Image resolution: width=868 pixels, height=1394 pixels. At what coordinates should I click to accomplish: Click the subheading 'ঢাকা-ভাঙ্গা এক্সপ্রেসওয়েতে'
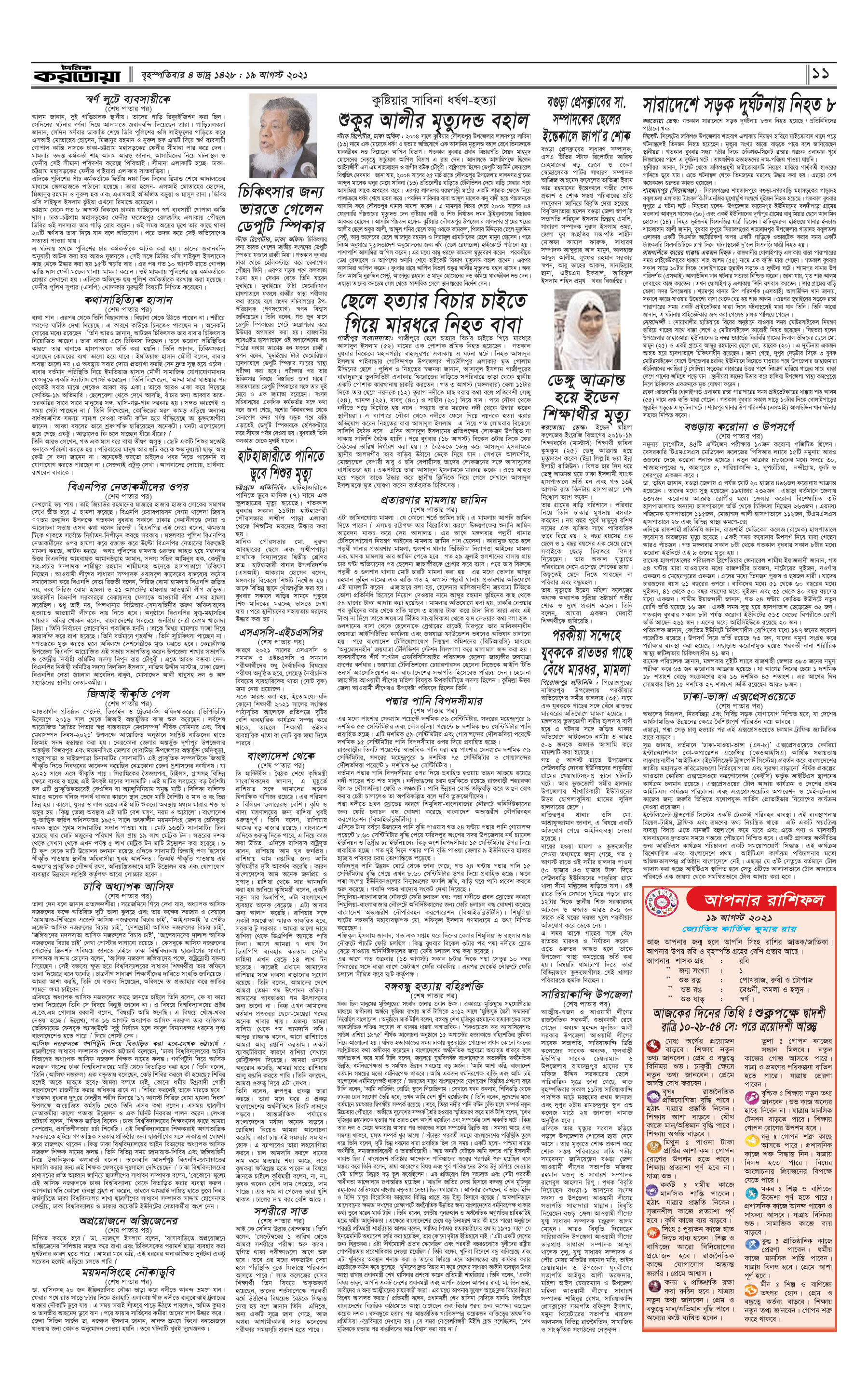coord(738,696)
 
